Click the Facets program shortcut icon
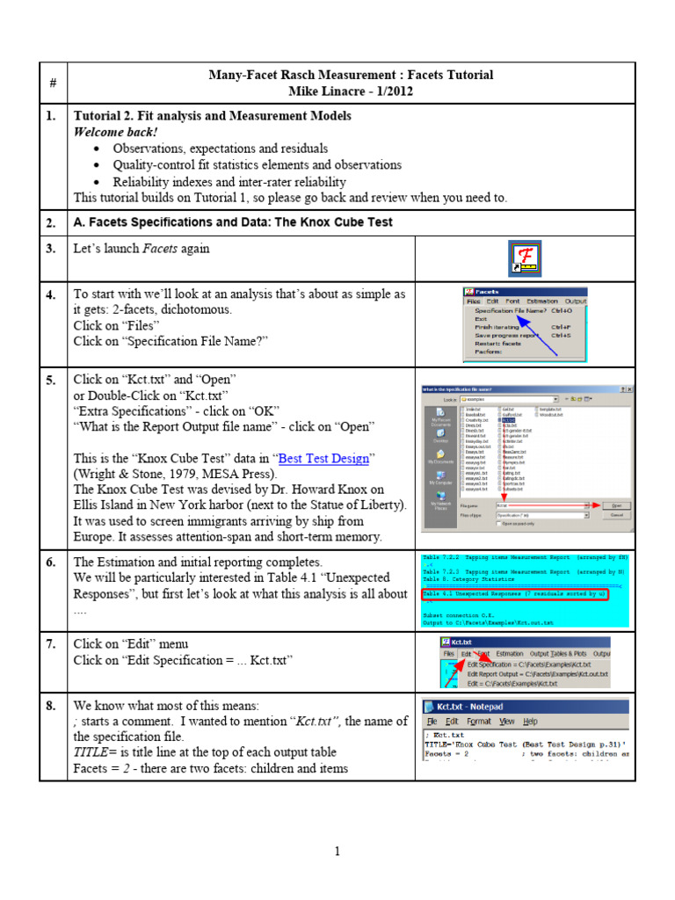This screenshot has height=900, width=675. (525, 258)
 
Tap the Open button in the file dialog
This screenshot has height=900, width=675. (615, 505)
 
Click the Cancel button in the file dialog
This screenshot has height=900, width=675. (615, 515)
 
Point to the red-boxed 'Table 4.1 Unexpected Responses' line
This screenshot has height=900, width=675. (514, 594)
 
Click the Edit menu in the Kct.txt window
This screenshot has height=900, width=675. (466, 654)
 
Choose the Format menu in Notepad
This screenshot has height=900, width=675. (479, 722)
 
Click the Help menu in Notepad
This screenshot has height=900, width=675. (530, 722)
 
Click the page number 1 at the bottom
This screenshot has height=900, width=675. (337, 851)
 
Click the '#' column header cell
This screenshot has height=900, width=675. (53, 83)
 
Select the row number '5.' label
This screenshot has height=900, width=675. (52, 380)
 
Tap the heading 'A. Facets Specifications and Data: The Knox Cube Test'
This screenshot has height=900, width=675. (233, 222)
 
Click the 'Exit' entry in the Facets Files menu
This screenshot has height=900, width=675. (482, 318)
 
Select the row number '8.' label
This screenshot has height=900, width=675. (52, 706)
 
